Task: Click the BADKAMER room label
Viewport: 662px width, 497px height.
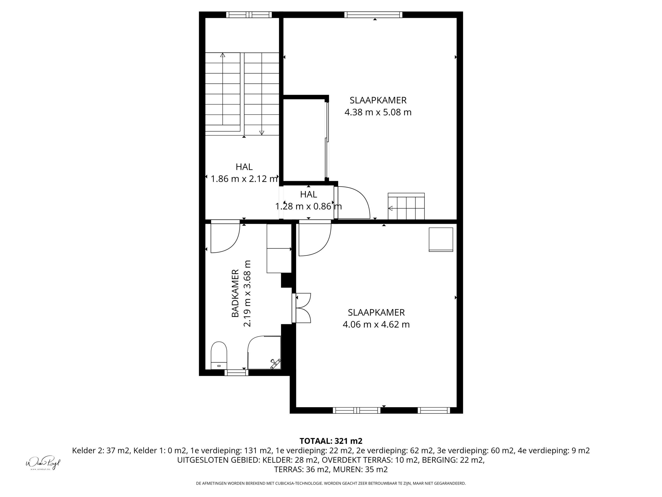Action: [x=236, y=293]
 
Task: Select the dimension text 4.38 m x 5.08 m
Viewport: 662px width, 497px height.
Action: [x=378, y=112]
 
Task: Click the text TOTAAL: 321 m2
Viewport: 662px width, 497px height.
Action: [x=331, y=441]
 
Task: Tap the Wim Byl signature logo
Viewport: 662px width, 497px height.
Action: [x=43, y=463]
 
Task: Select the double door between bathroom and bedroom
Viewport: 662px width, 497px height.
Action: [x=302, y=308]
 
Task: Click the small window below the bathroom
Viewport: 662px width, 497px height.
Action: [x=236, y=373]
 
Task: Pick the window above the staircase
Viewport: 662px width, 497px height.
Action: [x=249, y=15]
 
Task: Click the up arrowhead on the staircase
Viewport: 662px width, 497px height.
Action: [x=222, y=55]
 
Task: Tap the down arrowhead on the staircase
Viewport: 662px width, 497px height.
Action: [x=262, y=133]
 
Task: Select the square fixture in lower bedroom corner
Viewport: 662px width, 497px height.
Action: [x=441, y=239]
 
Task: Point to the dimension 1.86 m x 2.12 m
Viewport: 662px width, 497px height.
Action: [x=244, y=179]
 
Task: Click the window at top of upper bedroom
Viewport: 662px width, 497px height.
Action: [x=373, y=15]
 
